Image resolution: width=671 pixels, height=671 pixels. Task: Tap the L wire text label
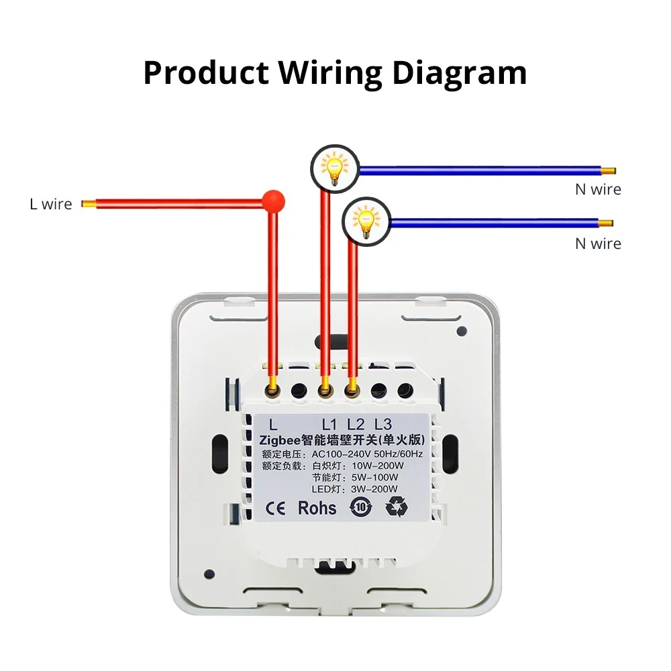pyautogui.click(x=50, y=204)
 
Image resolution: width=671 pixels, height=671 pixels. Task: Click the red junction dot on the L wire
pyautogui.click(x=274, y=199)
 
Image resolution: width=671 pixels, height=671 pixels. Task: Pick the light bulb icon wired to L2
pyautogui.click(x=366, y=223)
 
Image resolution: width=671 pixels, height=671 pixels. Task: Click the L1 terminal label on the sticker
pyautogui.click(x=329, y=424)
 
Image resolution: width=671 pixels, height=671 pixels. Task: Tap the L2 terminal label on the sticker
pyautogui.click(x=356, y=424)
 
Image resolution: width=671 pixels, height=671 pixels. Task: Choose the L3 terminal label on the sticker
pyautogui.click(x=382, y=424)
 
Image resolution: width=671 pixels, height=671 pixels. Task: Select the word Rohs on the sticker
pyautogui.click(x=317, y=507)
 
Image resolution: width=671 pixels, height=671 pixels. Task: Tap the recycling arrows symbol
pyautogui.click(x=396, y=507)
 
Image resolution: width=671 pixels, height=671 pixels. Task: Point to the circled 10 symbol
pyautogui.click(x=360, y=507)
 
